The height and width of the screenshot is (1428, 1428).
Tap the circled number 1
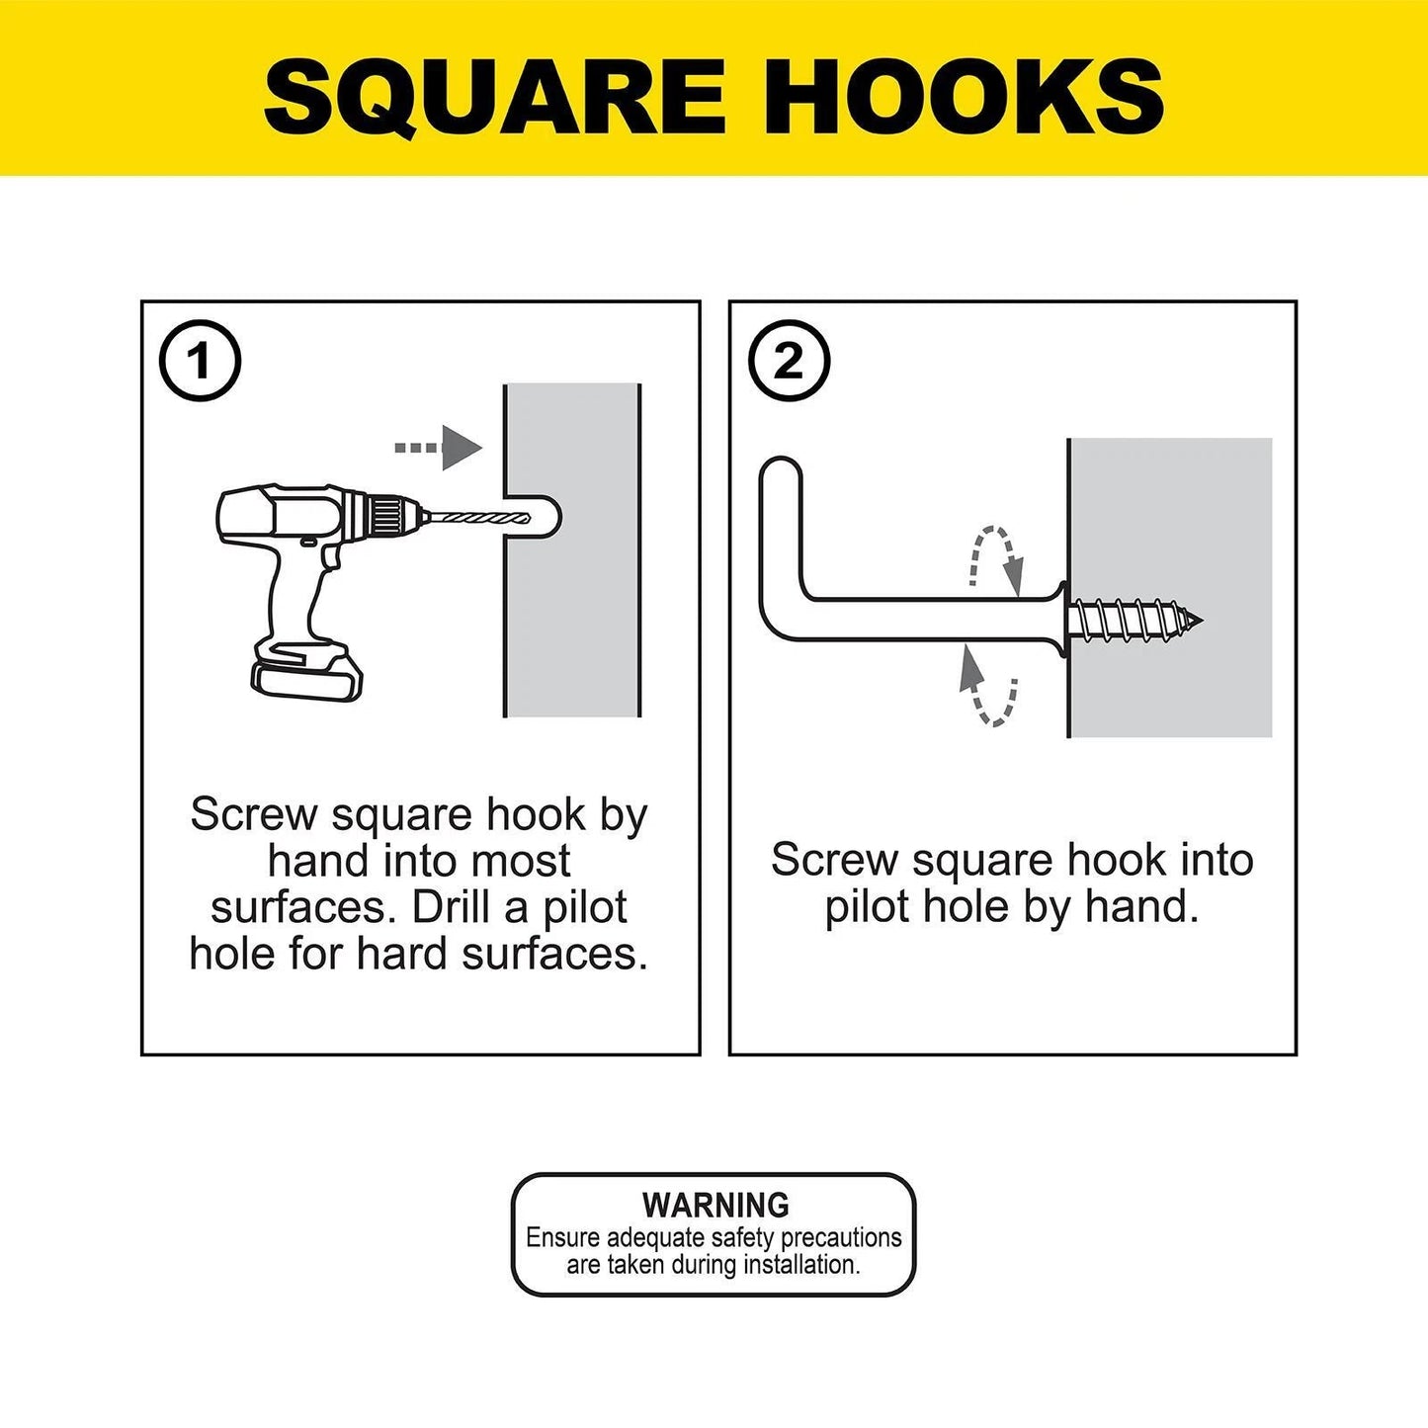click(x=200, y=361)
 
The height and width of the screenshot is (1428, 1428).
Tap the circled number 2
click(x=789, y=362)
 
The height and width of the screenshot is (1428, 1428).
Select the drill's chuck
click(x=390, y=514)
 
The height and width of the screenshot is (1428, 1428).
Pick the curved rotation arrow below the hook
click(x=988, y=686)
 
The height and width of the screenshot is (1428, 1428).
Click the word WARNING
click(x=715, y=1205)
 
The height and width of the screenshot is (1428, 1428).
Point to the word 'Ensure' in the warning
click(x=561, y=1237)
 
